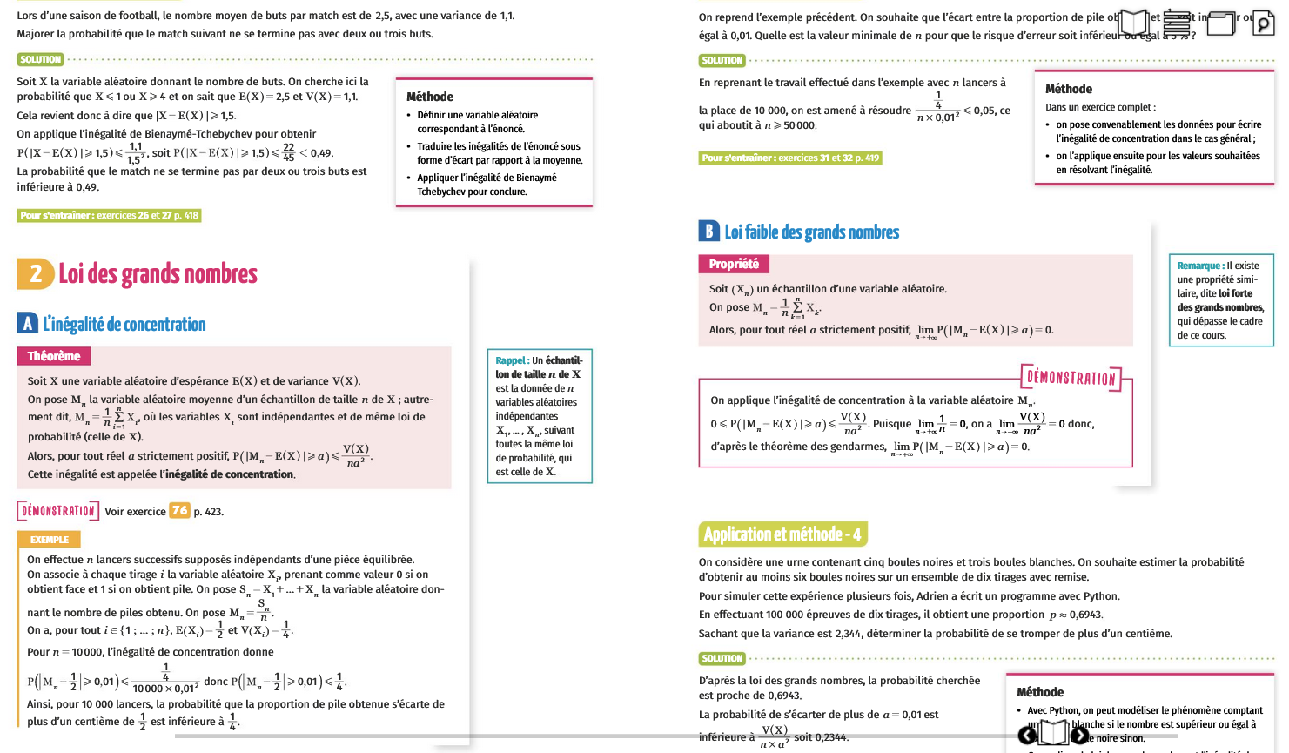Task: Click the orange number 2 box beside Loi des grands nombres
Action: click(x=36, y=274)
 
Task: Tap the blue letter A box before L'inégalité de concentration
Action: click(x=27, y=324)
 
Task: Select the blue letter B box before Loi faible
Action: click(x=708, y=232)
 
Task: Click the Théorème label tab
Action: click(x=53, y=356)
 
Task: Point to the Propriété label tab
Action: click(x=733, y=264)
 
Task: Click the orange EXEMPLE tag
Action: click(x=49, y=540)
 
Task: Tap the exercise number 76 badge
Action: click(x=179, y=511)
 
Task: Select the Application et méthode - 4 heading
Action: click(x=782, y=534)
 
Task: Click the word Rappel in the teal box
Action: click(x=511, y=360)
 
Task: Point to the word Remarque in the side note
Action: click(x=1198, y=266)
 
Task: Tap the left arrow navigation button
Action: click(x=1028, y=736)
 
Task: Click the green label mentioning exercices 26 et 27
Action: click(x=109, y=215)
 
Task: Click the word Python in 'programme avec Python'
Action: click(x=1102, y=596)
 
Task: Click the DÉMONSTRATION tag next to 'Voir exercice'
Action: click(x=58, y=511)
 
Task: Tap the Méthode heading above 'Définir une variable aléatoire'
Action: click(x=430, y=97)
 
